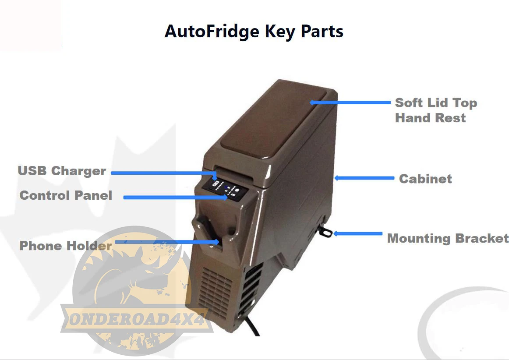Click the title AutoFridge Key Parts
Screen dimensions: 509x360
click(254, 32)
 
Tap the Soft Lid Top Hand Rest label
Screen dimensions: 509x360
click(435, 110)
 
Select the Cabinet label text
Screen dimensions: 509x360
click(425, 179)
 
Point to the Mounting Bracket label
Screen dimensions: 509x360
click(448, 239)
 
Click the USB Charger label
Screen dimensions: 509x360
click(62, 171)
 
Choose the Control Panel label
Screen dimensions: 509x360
click(66, 195)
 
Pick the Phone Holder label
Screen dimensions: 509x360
click(65, 246)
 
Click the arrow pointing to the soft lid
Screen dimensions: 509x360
click(350, 102)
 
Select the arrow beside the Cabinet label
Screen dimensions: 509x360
click(364, 178)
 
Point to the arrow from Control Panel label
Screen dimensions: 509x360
click(175, 198)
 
